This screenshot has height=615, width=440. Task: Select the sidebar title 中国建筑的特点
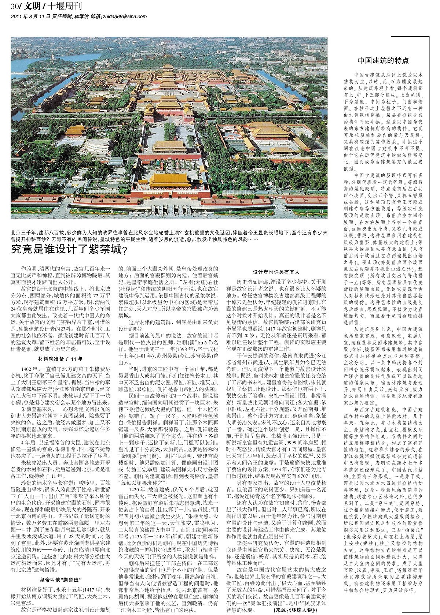click(x=383, y=60)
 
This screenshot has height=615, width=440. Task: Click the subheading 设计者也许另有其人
click(x=276, y=272)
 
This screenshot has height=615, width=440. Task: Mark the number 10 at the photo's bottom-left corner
click(x=15, y=211)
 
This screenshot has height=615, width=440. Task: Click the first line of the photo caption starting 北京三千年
click(x=169, y=232)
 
